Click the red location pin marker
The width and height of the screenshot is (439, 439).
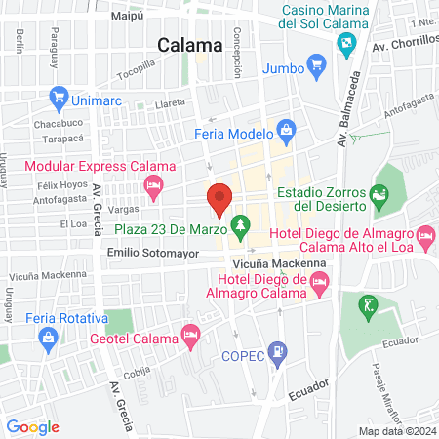pos(219,197)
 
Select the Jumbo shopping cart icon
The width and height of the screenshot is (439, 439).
pos(315,65)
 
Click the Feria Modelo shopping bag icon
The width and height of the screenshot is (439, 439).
pos(286,128)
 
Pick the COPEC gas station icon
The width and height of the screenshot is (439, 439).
pos(279,349)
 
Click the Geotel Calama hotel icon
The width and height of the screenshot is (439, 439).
pos(191,338)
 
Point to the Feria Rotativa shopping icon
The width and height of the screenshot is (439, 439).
pos(47,338)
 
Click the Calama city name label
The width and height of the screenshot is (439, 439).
pos(187,43)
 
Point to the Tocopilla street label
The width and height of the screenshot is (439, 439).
pos(136,71)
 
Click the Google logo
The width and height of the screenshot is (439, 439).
pos(32,426)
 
